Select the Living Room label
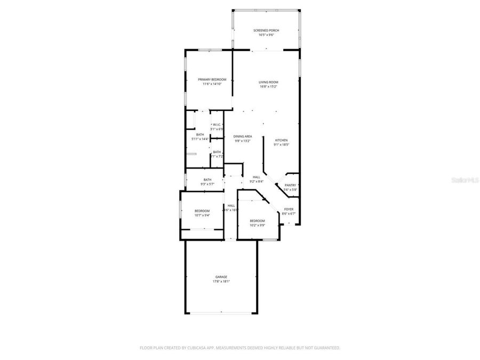268,82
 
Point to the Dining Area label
243,137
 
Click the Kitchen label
281,140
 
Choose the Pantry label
290,185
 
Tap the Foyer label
289,209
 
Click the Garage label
221,277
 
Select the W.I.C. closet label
217,125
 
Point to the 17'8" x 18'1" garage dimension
221,282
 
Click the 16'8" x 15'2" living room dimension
268,86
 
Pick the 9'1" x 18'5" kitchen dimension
281,145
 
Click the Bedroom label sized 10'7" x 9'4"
202,211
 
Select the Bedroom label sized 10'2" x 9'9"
257,220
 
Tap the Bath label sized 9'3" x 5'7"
207,180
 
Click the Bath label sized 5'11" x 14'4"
200,134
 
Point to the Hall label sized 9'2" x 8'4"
257,177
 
